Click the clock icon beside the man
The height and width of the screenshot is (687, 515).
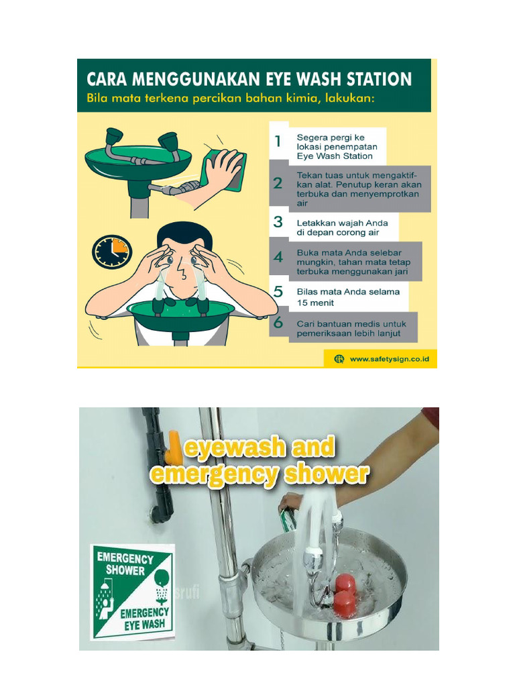pos(112,252)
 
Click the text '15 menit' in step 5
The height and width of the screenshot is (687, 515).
pos(317,303)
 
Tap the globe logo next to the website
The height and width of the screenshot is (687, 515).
pos(339,359)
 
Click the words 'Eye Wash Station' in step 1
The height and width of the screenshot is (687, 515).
pos(335,156)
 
